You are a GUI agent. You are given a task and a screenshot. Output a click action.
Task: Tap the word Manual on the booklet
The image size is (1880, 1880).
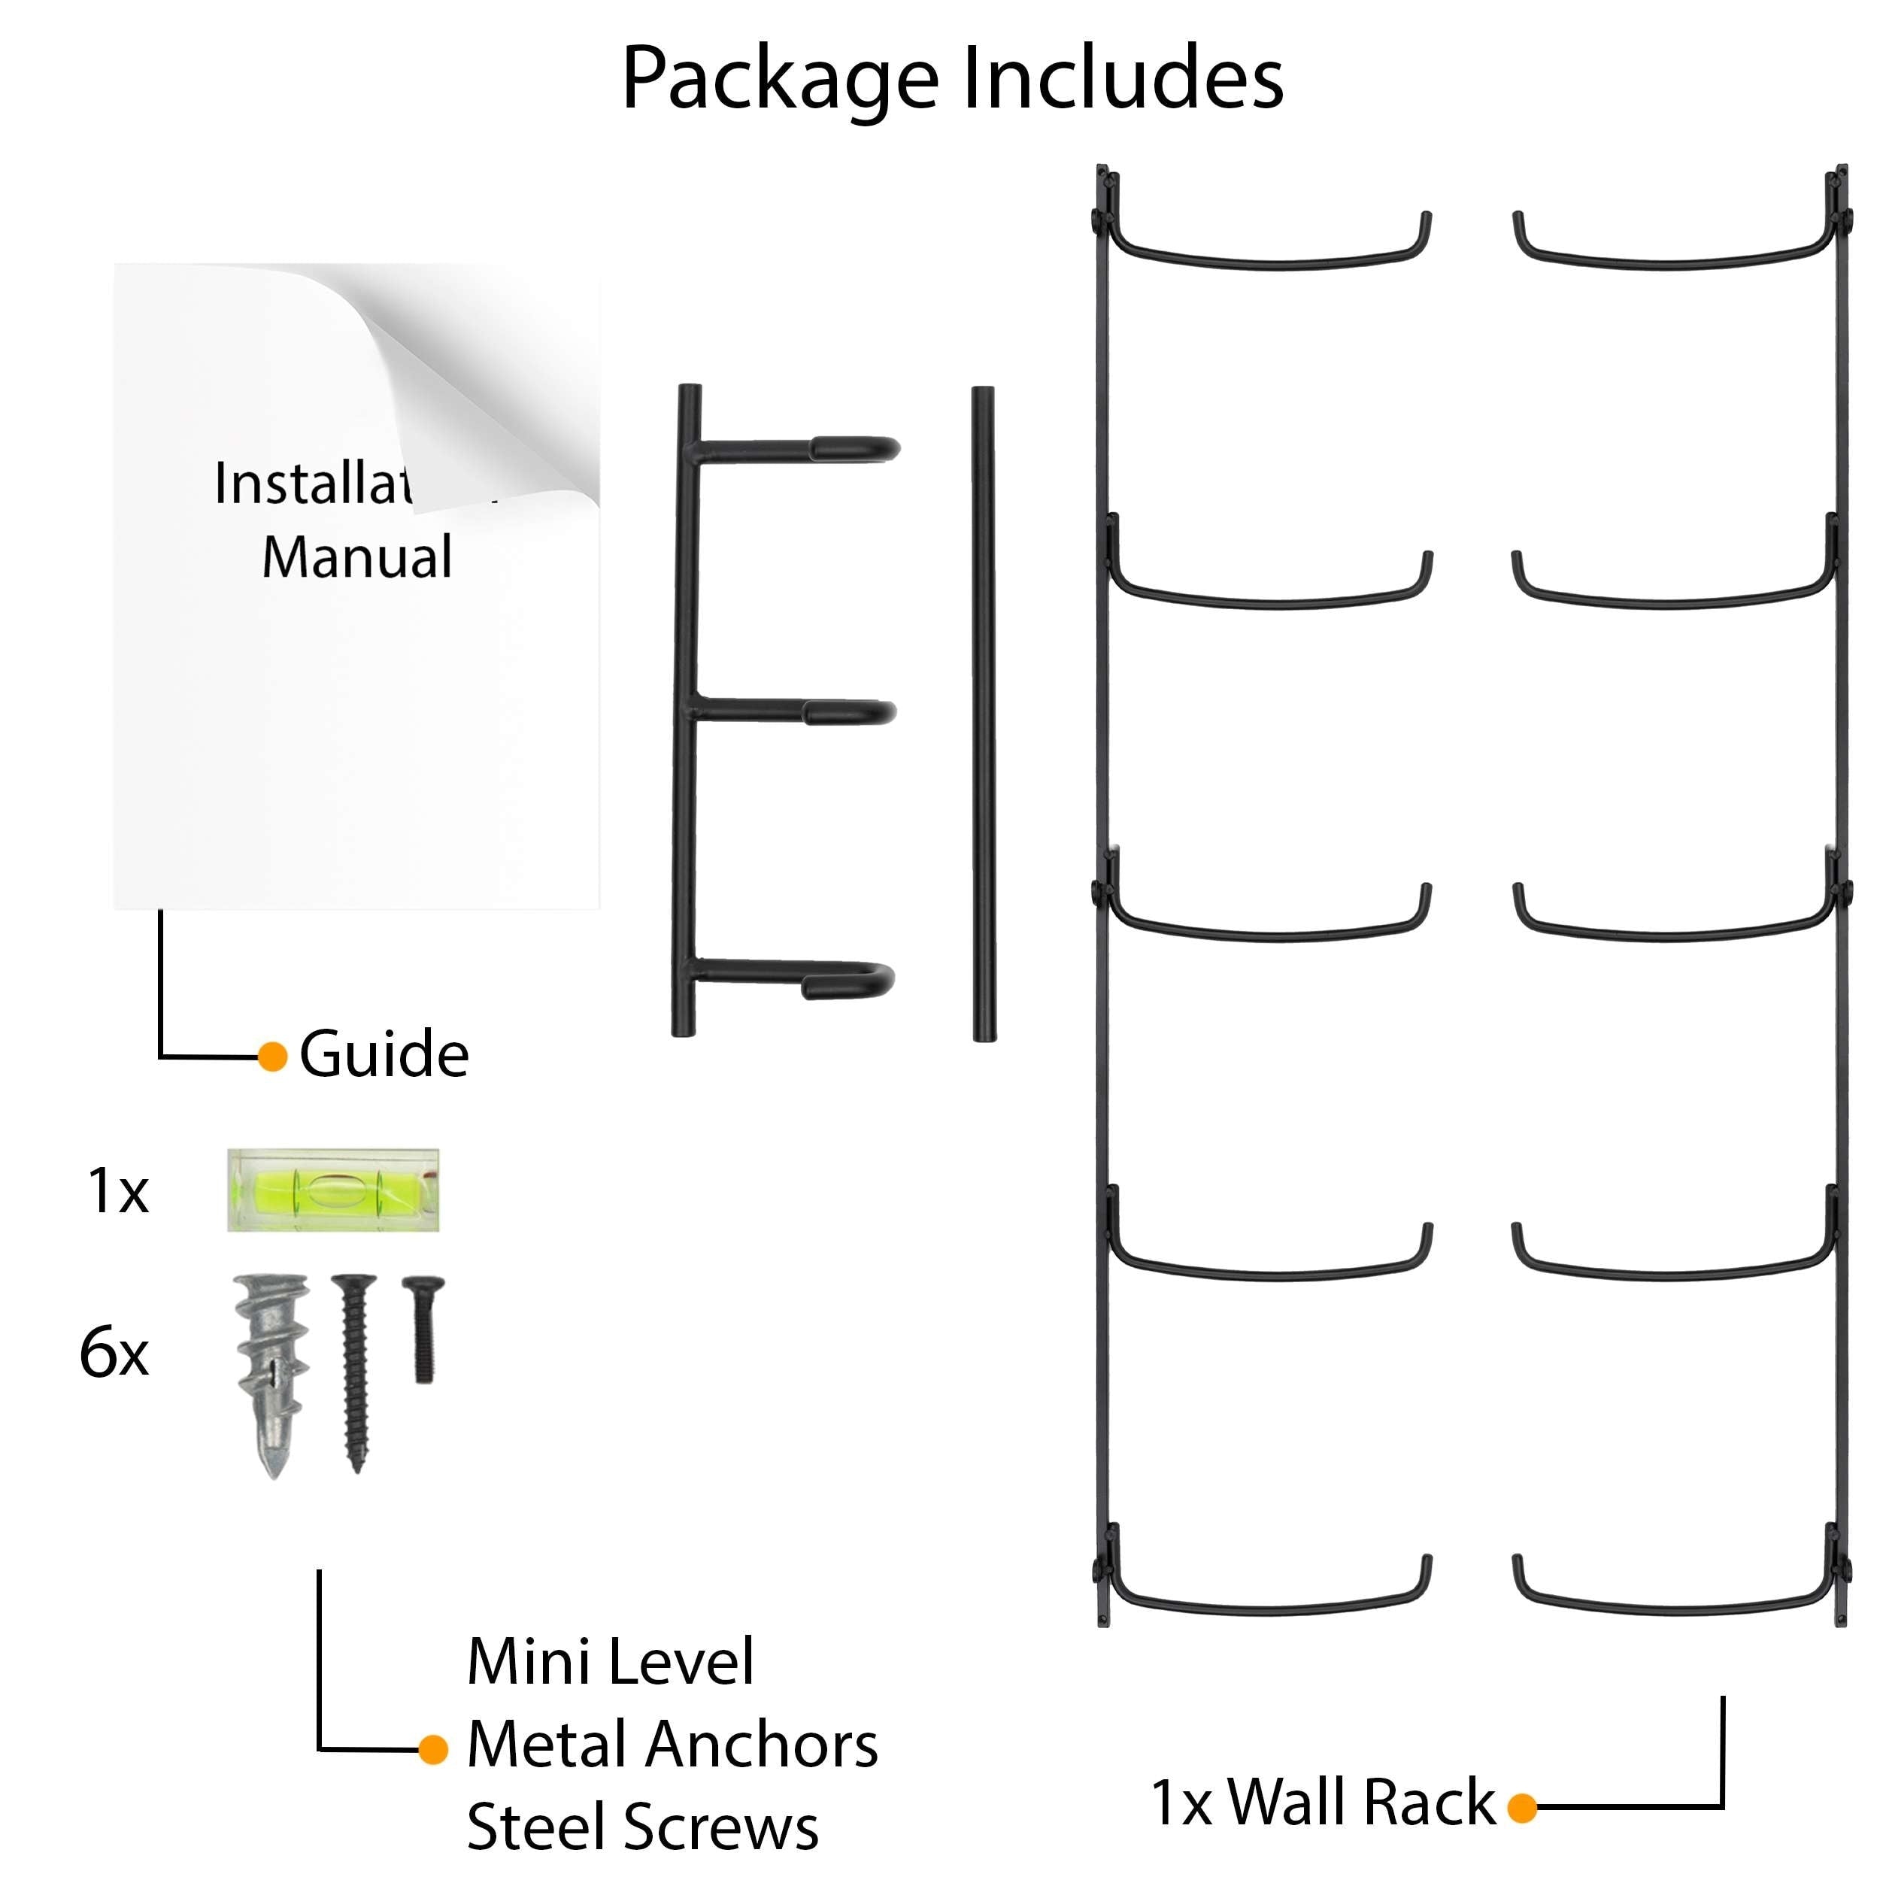tap(357, 556)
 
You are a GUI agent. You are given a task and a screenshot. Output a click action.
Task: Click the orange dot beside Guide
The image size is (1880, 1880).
tap(272, 1057)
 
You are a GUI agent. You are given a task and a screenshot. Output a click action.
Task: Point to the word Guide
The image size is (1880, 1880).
tap(384, 1055)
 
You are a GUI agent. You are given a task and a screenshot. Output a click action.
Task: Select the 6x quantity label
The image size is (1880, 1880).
tap(114, 1353)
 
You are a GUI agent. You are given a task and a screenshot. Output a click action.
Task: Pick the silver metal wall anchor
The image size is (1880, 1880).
tap(272, 1372)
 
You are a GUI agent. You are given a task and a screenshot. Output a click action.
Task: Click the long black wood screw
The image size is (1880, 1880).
tap(354, 1372)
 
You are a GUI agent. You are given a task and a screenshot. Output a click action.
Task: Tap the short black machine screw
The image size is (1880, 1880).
tap(423, 1328)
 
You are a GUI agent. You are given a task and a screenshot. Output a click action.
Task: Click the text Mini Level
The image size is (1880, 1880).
tap(610, 1661)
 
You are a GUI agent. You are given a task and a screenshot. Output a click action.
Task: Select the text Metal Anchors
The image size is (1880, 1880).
tap(672, 1744)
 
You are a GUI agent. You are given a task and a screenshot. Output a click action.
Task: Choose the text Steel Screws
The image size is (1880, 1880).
tap(642, 1827)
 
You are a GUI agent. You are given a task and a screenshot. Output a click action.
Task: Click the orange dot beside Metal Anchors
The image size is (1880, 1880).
tap(433, 1750)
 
